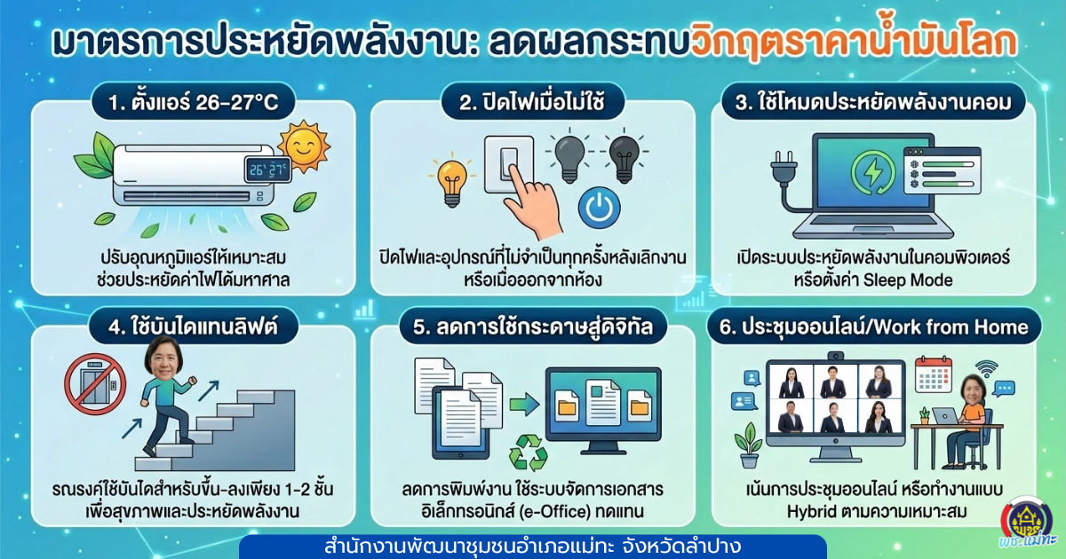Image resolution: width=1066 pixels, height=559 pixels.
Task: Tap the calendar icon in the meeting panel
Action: tap(933, 376)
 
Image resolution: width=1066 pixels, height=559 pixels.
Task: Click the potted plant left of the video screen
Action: tap(748, 443)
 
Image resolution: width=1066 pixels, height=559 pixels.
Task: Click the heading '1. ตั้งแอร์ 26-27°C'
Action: tap(196, 104)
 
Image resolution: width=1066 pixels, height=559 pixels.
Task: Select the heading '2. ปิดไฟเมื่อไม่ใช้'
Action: tap(532, 104)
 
